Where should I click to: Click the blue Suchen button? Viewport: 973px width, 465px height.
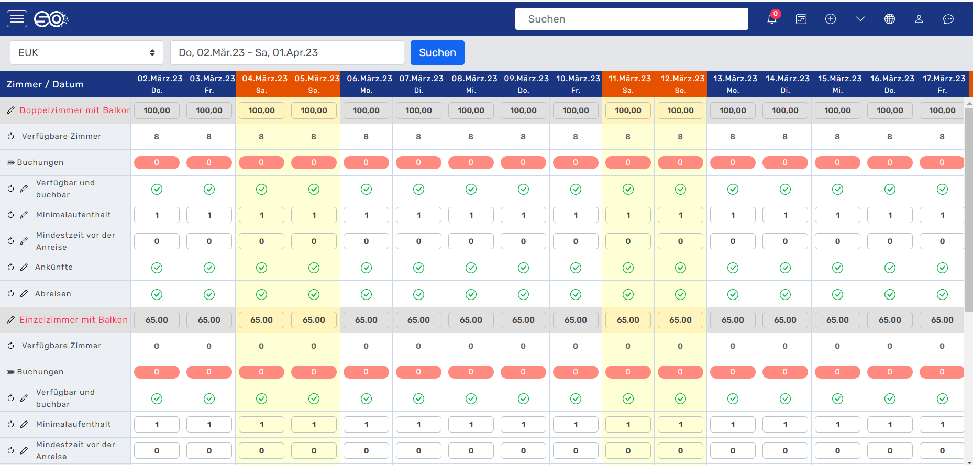tap(437, 52)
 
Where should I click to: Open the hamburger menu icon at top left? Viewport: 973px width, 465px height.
tap(17, 19)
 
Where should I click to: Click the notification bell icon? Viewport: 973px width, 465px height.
tap(771, 19)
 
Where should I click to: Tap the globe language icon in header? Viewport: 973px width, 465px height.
tap(889, 19)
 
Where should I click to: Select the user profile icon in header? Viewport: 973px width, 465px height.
tap(919, 19)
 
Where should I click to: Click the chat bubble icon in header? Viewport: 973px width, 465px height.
tap(948, 19)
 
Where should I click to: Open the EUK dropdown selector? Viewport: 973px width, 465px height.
tap(86, 52)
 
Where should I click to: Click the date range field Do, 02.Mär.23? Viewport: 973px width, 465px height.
tap(287, 52)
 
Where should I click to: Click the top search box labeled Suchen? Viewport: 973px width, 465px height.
tap(631, 19)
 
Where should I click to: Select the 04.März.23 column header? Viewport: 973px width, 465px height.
tap(262, 84)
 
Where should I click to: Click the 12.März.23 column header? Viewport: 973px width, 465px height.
tap(680, 84)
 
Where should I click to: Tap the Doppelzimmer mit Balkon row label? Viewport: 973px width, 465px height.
tap(74, 110)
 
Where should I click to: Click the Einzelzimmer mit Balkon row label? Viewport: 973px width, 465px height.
tap(73, 319)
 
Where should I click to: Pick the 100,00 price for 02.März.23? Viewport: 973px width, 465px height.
tap(157, 110)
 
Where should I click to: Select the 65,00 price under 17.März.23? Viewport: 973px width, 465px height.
tap(942, 320)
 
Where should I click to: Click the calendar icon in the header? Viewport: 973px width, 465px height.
tap(801, 19)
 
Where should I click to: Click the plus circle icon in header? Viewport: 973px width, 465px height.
tap(830, 19)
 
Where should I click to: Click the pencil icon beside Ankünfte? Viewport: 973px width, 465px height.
tap(24, 267)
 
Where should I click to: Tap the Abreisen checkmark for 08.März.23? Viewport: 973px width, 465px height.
tap(471, 294)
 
